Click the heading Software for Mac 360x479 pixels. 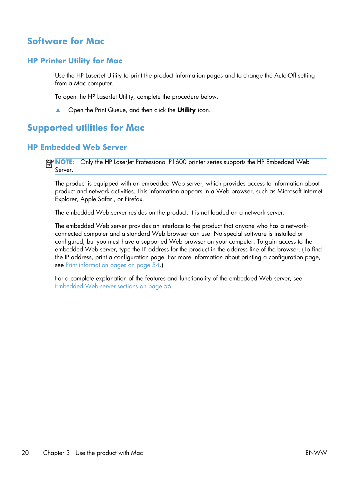click(x=66, y=41)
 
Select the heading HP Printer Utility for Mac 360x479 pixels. click(x=75, y=61)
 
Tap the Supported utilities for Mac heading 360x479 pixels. click(x=86, y=128)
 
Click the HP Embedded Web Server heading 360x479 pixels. click(x=77, y=147)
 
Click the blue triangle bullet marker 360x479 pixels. click(x=58, y=110)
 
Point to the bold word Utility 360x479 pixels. click(x=186, y=110)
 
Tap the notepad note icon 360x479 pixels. click(x=50, y=164)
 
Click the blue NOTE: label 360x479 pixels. click(x=64, y=162)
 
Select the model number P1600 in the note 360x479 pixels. click(x=177, y=162)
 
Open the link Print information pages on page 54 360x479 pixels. click(x=113, y=265)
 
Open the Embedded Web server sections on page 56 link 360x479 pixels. click(x=113, y=286)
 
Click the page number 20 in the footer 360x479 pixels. click(x=25, y=453)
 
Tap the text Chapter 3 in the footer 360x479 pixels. click(x=56, y=453)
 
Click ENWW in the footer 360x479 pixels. click(x=316, y=453)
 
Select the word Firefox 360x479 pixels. click(x=134, y=199)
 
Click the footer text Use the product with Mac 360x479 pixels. click(x=109, y=453)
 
